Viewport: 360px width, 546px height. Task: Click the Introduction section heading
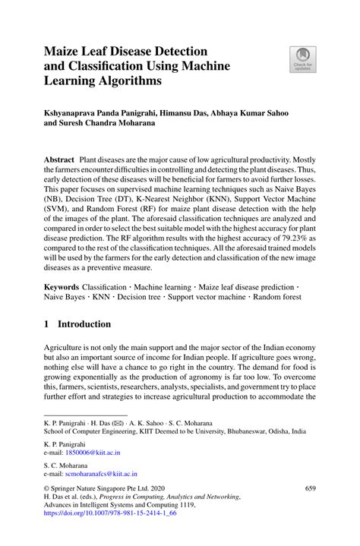click(85, 324)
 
